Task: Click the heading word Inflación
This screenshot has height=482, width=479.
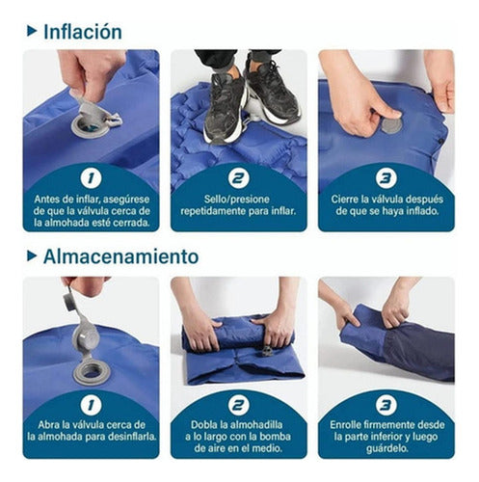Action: (82, 31)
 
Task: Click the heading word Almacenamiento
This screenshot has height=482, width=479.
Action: (120, 256)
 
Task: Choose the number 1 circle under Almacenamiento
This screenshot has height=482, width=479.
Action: (91, 405)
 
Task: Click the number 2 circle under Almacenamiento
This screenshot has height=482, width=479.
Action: (238, 405)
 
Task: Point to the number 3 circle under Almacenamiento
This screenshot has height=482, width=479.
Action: (386, 405)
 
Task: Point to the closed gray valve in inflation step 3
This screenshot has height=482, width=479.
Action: (391, 124)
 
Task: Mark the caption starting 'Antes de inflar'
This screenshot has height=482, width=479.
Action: (91, 209)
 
